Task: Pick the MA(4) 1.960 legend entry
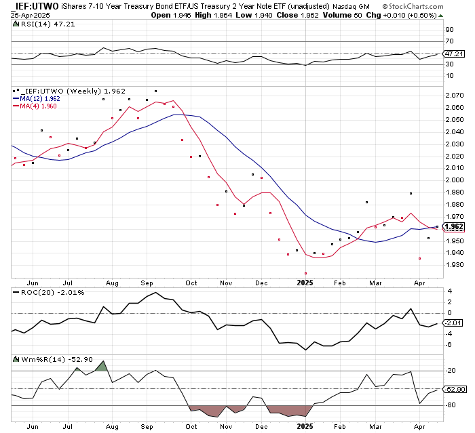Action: (x=36, y=106)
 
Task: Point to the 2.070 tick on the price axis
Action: (x=453, y=96)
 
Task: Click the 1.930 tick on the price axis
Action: (x=453, y=265)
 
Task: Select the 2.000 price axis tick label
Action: (x=453, y=180)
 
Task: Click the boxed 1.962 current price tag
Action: (x=453, y=226)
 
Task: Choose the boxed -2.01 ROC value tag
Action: (x=453, y=324)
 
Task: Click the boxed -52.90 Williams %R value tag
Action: (x=453, y=389)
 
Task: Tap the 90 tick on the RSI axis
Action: (x=449, y=30)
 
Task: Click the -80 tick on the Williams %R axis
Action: (x=450, y=405)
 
